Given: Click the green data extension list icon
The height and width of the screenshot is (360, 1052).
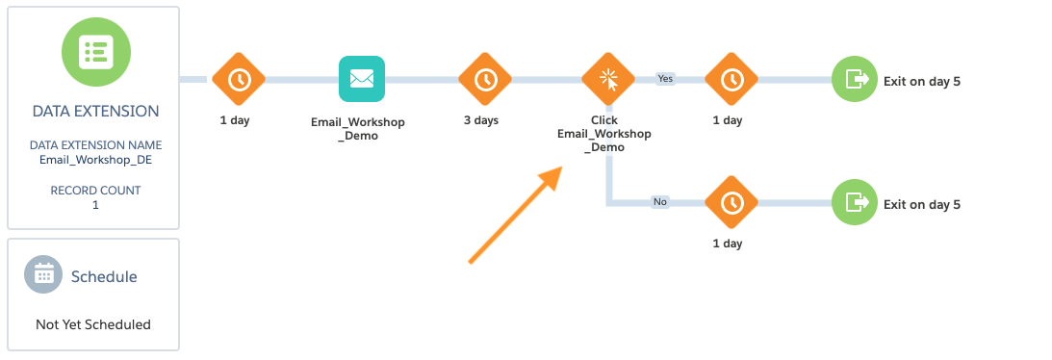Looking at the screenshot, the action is (96, 52).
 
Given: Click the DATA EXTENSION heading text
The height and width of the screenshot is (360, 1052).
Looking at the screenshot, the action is (96, 112).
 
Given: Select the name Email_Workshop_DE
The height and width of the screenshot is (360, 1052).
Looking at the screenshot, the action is (96, 160).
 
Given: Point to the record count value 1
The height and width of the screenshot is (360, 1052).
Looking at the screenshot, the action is (96, 205).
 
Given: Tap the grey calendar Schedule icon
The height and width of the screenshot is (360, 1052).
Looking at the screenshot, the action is (43, 275).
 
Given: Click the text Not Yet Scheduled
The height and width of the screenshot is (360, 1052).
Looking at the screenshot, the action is (93, 324).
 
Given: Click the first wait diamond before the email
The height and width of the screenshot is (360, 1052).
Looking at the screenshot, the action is (239, 80).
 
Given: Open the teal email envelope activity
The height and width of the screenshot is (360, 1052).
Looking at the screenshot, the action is (362, 79).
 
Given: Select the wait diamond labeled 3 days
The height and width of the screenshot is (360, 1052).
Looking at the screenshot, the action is (485, 80).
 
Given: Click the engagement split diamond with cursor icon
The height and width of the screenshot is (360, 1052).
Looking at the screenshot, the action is (608, 80).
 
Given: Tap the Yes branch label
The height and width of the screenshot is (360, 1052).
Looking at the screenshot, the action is (665, 79).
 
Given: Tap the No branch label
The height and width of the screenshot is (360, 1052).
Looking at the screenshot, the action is (660, 201).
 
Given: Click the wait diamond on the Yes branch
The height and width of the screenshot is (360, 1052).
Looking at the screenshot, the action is (731, 80).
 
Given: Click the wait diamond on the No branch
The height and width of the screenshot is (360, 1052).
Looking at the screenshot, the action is (731, 202).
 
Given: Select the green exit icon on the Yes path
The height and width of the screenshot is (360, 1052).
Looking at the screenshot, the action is (855, 79).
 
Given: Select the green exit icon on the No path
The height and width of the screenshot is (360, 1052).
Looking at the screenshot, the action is (855, 201).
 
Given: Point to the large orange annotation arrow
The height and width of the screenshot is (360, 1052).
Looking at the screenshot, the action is (515, 215).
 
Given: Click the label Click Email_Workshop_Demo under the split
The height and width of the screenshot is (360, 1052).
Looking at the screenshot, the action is (604, 134).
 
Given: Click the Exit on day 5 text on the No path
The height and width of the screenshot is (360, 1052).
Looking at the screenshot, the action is (922, 204).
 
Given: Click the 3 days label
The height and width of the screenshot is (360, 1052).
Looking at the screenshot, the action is (481, 120).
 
